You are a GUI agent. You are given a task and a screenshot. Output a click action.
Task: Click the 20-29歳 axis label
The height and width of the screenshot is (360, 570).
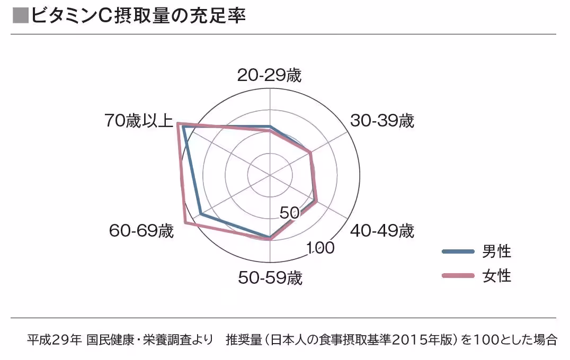coord(270,76)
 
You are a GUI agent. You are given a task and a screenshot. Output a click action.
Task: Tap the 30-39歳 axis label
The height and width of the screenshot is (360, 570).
coord(382,121)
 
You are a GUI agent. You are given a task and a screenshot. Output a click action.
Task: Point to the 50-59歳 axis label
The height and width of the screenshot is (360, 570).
coord(270,277)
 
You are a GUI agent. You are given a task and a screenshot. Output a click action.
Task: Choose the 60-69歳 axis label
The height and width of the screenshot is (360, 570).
coord(141,231)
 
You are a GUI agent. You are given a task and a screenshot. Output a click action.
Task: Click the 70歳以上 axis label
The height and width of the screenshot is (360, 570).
coord(139,121)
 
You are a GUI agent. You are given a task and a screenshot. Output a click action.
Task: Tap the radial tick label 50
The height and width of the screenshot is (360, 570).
coord(290,213)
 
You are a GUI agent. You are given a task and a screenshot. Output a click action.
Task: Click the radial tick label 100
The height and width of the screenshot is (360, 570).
coord(321,248)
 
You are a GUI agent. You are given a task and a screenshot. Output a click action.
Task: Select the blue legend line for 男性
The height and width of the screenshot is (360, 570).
coord(458,251)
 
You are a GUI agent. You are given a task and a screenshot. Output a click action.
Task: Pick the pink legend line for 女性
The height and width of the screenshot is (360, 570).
coord(458,275)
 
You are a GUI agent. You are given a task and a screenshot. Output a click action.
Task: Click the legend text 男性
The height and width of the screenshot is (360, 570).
coord(496,251)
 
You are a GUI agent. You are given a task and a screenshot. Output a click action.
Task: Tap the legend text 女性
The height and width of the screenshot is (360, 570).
coord(496,275)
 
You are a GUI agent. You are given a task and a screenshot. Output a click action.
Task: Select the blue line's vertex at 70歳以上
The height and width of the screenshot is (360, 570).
coord(183,126)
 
